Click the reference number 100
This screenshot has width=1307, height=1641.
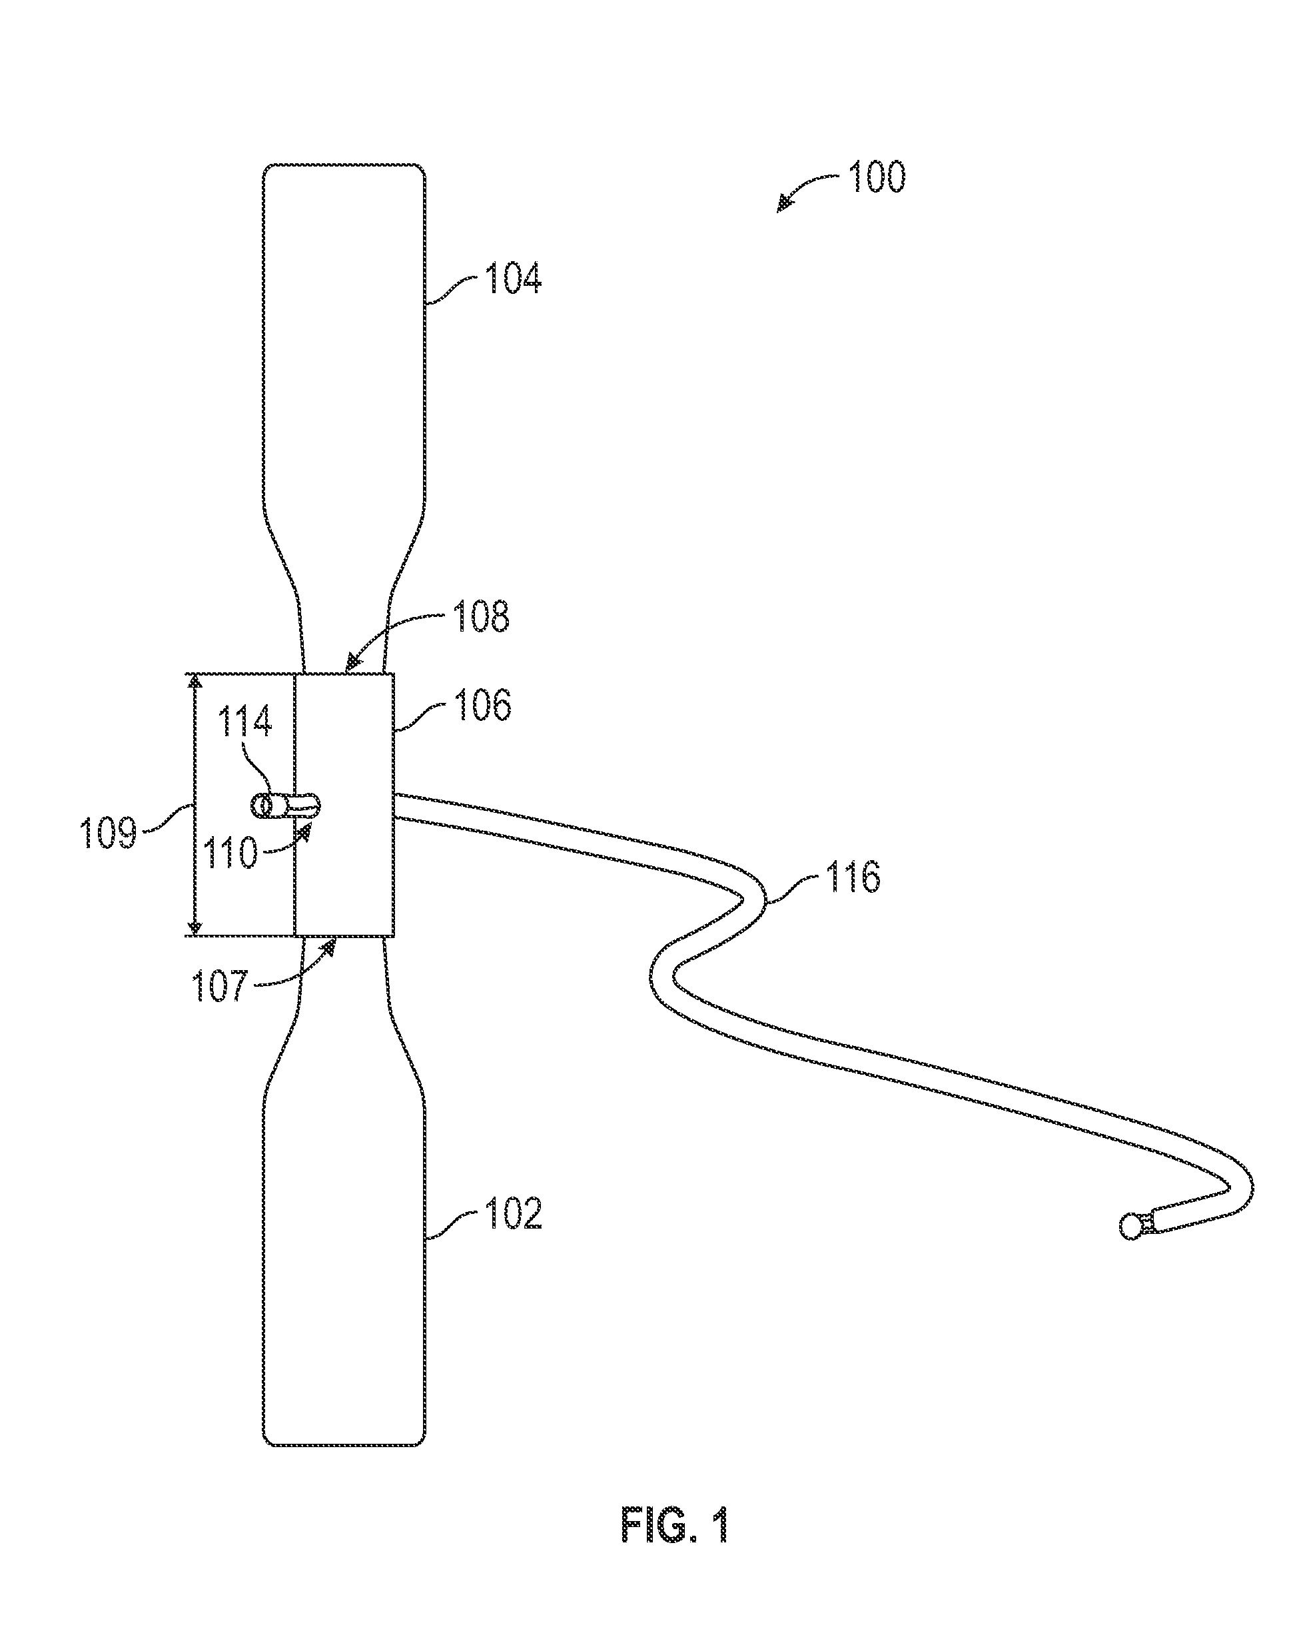876,177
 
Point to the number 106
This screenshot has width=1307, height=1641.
482,706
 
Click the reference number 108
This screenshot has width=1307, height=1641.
481,616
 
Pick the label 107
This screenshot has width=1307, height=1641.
220,985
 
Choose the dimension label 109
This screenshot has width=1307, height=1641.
108,833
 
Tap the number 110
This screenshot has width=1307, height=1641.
230,853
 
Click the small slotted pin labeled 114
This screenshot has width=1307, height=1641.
286,806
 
